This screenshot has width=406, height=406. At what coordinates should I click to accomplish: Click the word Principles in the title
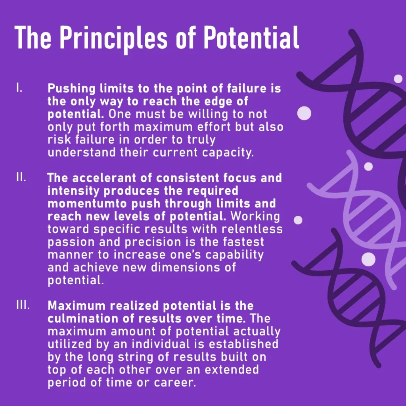pos(114,38)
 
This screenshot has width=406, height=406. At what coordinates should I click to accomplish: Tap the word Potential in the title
pos(251,38)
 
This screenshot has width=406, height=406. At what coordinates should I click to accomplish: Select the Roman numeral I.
pos(19,88)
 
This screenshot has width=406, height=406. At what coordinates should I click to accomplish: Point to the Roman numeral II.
pos(21,177)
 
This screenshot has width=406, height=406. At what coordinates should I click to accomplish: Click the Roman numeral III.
pos(23,305)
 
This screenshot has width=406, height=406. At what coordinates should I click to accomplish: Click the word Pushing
pos(71,89)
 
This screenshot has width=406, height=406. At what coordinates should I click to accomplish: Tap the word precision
pos(153,242)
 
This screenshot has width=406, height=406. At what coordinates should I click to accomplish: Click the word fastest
pos(243,242)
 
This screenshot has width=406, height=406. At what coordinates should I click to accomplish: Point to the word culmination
pos(83,318)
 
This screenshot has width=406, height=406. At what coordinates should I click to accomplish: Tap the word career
pos(175,383)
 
